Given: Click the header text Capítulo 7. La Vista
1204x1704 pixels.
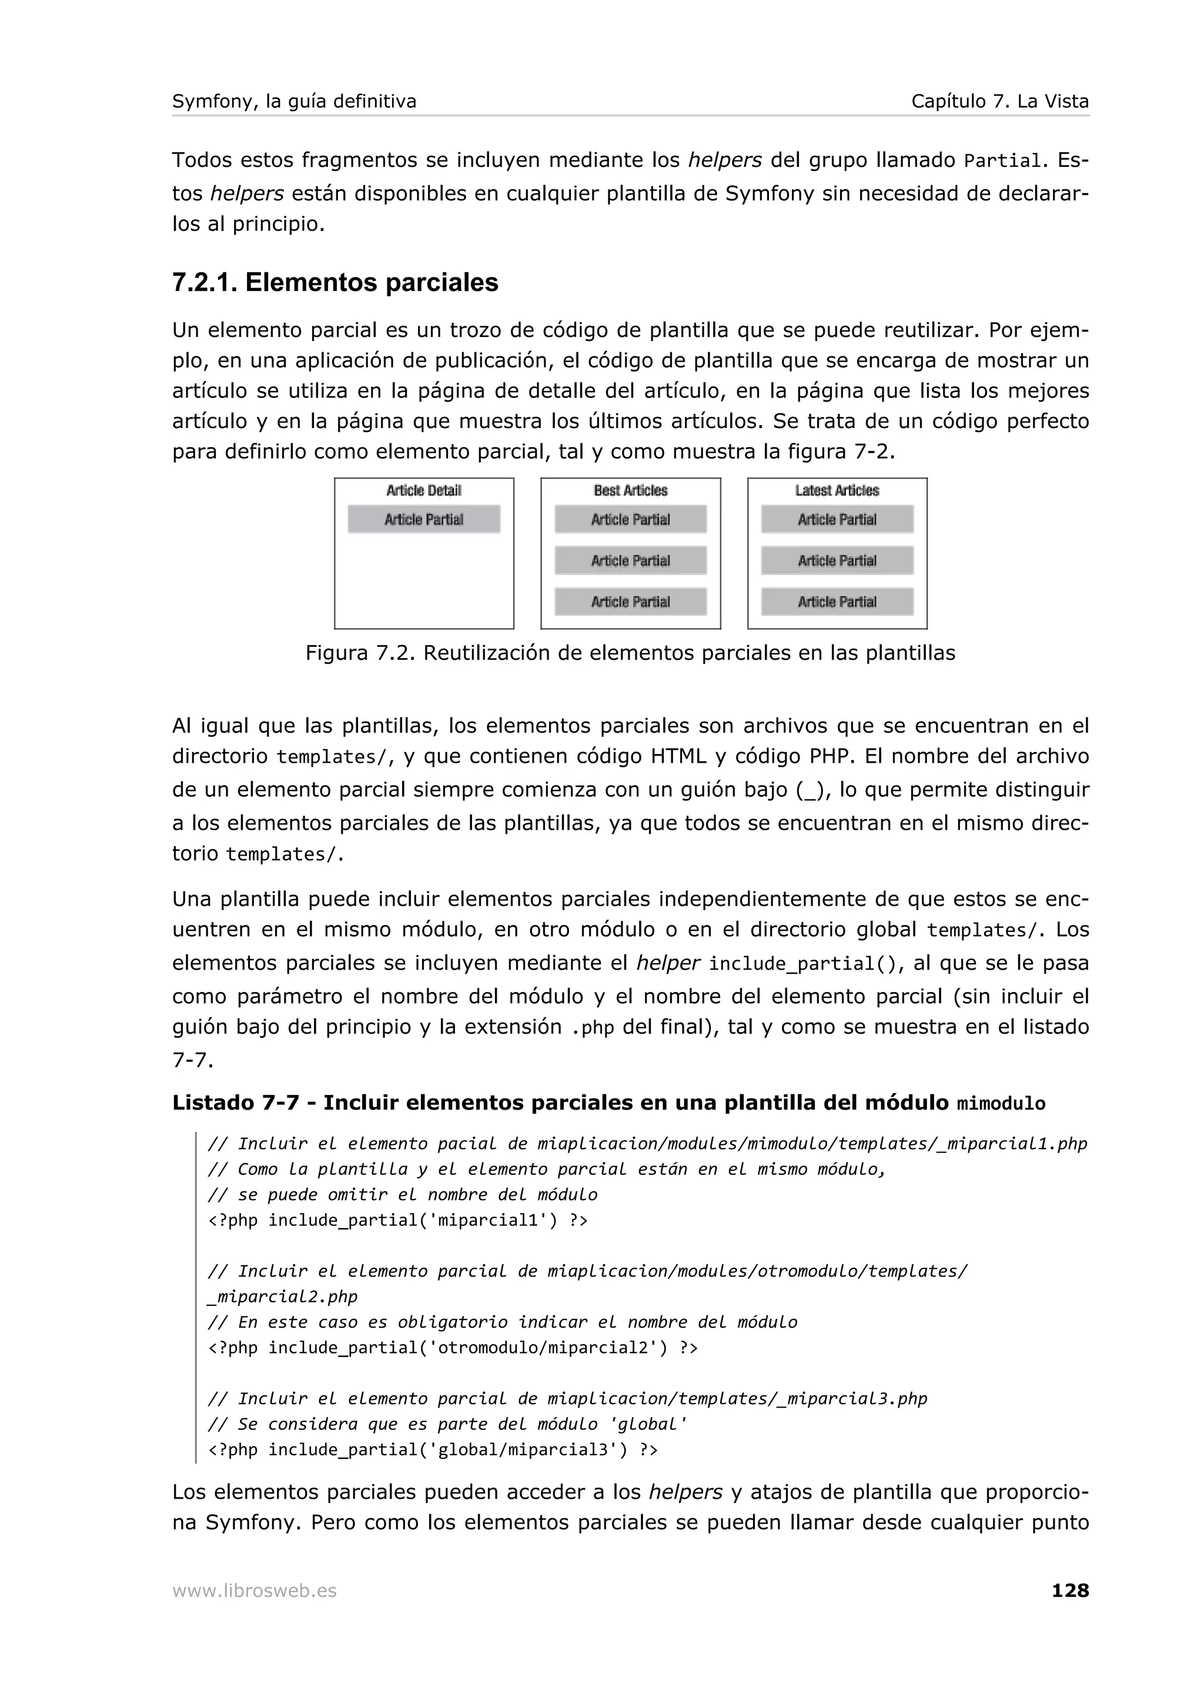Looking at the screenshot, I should pyautogui.click(x=999, y=101).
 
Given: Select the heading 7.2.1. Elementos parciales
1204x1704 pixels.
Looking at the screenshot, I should pyautogui.click(x=335, y=283).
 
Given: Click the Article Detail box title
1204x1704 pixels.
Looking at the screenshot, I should pyautogui.click(x=424, y=490).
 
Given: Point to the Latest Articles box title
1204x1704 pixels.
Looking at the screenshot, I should pyautogui.click(x=837, y=490).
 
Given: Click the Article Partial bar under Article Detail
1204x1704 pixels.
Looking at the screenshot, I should pyautogui.click(x=424, y=520).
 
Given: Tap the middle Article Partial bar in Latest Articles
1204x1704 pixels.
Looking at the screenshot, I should pyautogui.click(x=837, y=561).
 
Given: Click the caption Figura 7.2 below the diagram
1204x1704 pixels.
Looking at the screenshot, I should pyautogui.click(x=630, y=653).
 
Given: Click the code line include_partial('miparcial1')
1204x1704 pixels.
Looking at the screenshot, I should pyautogui.click(x=397, y=1220).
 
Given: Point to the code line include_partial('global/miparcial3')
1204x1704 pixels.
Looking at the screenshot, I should pyautogui.click(x=433, y=1449).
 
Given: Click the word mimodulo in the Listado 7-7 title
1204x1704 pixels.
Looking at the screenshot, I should pyautogui.click(x=1001, y=1104).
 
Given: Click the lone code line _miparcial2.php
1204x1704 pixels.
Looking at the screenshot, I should pyautogui.click(x=283, y=1297).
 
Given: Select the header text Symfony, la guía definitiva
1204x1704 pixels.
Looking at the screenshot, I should pyautogui.click(x=294, y=101).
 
